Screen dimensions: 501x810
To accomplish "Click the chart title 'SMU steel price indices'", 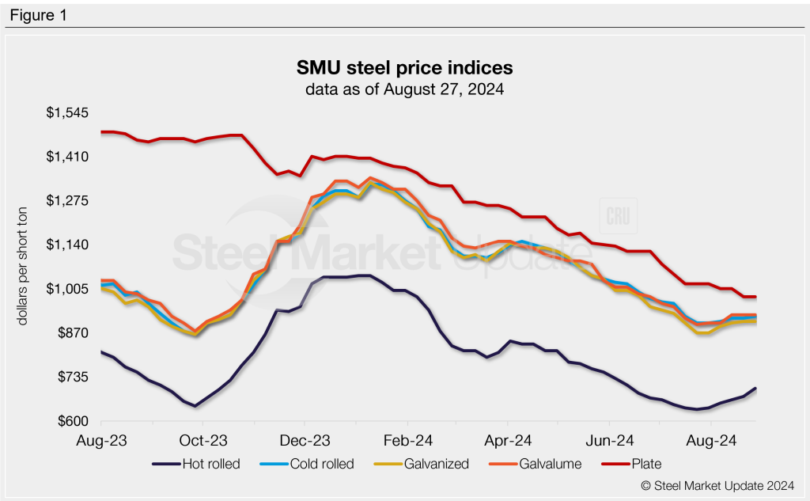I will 405,66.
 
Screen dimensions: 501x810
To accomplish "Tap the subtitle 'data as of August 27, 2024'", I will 405,89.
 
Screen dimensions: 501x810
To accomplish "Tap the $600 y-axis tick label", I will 72,421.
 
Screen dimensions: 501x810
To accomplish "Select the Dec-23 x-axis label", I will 305,438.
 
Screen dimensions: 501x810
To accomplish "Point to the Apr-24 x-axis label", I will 508,438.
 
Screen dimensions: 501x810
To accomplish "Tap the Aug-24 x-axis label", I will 710,438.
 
